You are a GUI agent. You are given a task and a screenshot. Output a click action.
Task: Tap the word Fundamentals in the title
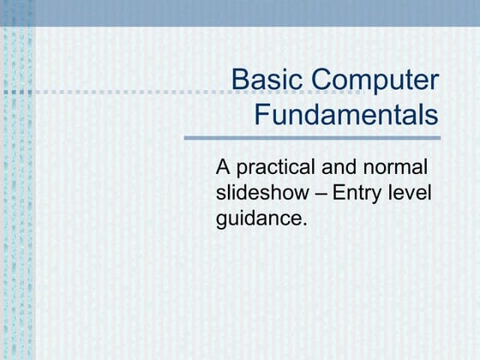click(346, 115)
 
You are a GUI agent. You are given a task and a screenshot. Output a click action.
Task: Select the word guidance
click(260, 219)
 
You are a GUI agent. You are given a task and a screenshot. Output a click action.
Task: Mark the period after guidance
click(303, 224)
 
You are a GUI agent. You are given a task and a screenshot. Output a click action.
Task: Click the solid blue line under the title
click(312, 137)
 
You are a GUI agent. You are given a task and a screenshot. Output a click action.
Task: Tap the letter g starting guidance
click(223, 220)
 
